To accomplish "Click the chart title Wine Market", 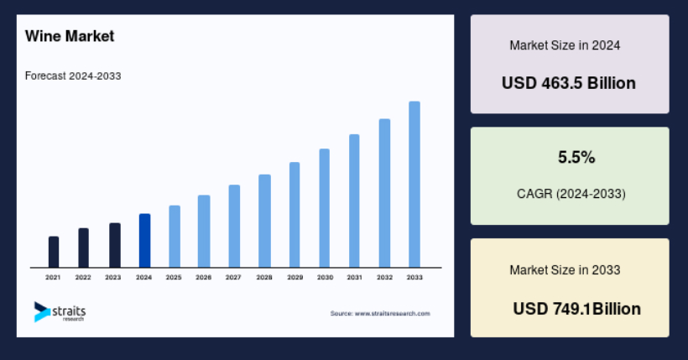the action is click(70, 36).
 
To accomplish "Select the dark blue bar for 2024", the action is click(145, 241).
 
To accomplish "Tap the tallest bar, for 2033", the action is click(414, 185).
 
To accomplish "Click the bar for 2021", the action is click(54, 252).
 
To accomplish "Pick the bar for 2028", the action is click(264, 221).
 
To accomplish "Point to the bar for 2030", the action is click(324, 208).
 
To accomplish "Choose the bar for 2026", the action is click(204, 232).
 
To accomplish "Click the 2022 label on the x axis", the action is click(83, 278).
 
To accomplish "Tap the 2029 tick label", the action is click(294, 278).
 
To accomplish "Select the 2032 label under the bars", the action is click(384, 278).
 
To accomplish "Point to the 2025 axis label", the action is click(174, 278).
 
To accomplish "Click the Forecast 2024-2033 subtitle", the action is click(73, 76).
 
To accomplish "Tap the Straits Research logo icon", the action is click(42, 311).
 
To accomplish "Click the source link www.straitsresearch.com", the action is click(393, 314).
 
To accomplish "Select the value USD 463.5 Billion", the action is click(569, 83).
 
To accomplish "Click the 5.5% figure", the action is click(576, 157).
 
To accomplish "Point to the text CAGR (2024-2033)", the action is click(571, 194).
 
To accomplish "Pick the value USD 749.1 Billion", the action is click(576, 309).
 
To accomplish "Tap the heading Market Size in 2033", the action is click(565, 270).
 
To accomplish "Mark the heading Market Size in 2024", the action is click(565, 45).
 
